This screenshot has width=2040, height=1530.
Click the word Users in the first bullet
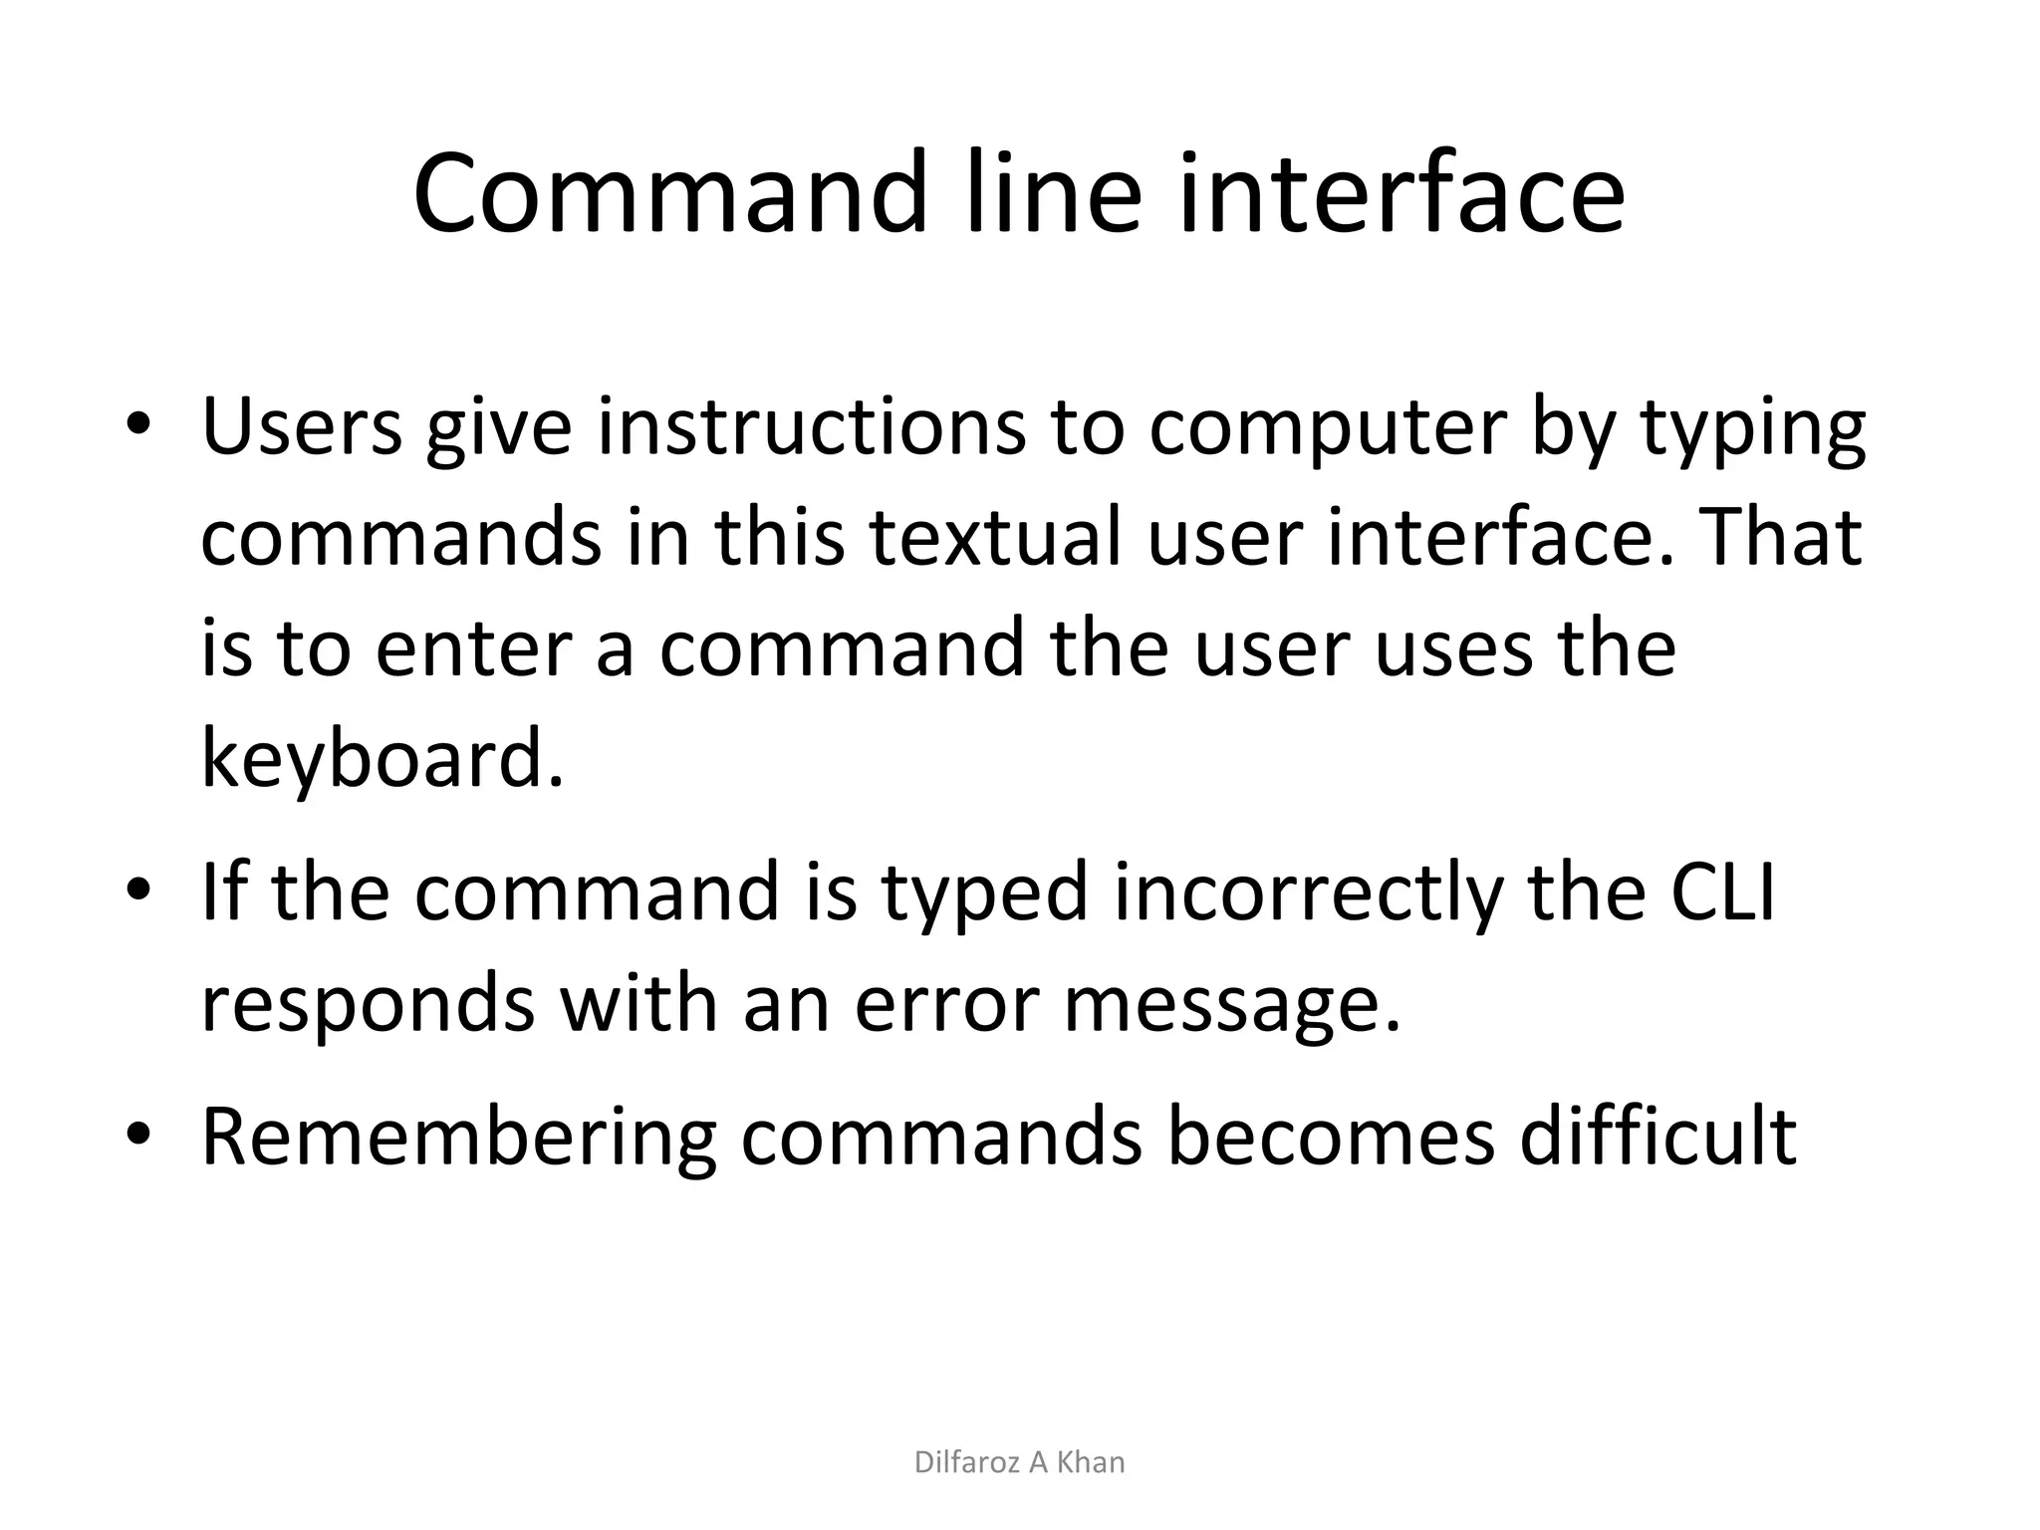[x=302, y=425]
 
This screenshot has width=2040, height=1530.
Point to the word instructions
[x=812, y=425]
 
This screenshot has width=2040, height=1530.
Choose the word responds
[x=368, y=1004]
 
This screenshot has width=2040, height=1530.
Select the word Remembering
[x=459, y=1138]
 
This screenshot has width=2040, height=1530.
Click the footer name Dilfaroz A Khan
[x=1019, y=1462]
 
